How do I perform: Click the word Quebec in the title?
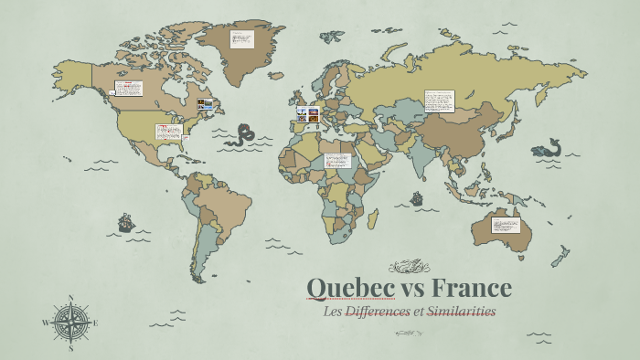coord(350,289)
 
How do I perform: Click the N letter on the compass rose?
coord(71,298)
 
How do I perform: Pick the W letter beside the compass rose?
coord(45,323)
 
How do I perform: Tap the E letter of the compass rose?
coord(96,323)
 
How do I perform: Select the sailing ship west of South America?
coord(125,222)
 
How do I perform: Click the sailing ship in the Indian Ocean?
coord(417,197)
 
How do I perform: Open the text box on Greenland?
coord(242,42)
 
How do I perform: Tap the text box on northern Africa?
coord(338,161)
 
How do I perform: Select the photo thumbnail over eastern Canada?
coord(206,104)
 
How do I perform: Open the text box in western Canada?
coord(128,89)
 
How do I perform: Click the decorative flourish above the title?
coord(409,267)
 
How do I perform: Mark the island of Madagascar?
coord(372,218)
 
